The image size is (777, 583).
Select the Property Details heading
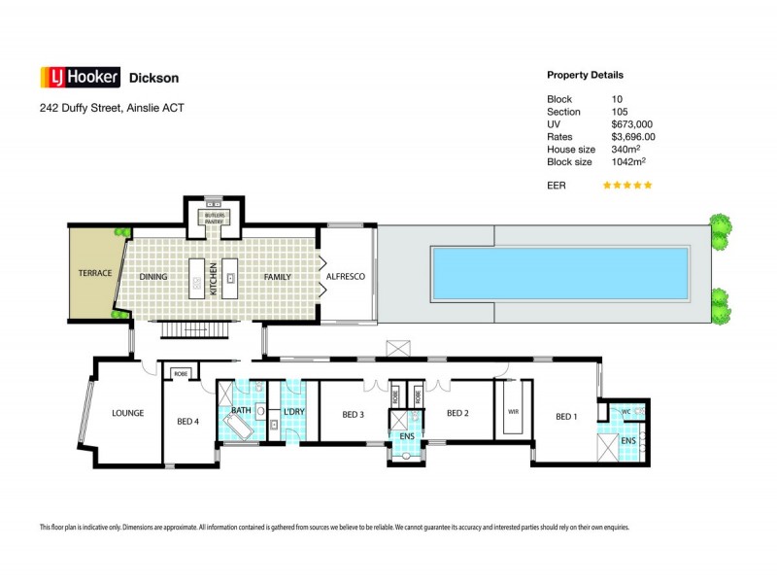point(585,75)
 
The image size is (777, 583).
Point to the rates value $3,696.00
point(633,137)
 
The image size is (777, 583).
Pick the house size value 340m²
point(627,150)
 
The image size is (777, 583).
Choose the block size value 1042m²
point(629,162)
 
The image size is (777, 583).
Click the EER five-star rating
point(627,185)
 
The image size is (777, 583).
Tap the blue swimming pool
point(559,273)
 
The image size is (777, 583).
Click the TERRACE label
point(95,273)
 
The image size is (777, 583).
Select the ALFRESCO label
point(345,277)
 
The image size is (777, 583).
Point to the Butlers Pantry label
point(213,217)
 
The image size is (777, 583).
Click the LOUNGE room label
point(127,413)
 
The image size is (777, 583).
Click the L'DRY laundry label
point(293,412)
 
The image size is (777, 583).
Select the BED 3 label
point(354,414)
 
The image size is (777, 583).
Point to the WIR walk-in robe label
point(513,411)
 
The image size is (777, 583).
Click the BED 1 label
point(565,417)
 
